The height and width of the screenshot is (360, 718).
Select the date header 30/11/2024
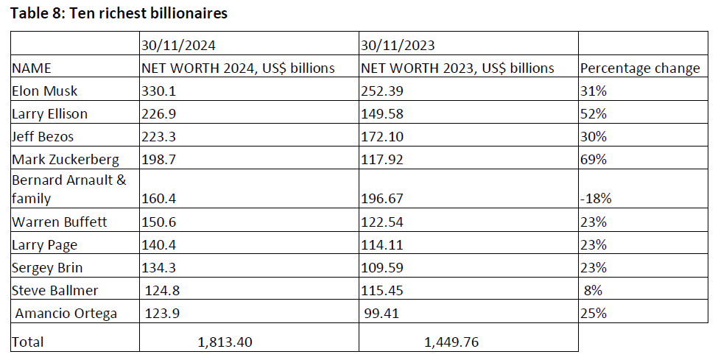tap(178, 45)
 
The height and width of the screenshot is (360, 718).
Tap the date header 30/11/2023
tap(398, 45)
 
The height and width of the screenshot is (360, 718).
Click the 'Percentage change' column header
tap(640, 68)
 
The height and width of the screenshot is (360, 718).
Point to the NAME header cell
tap(32, 68)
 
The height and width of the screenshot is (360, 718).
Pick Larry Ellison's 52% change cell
tap(593, 114)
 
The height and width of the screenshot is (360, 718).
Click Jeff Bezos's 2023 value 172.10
tap(381, 137)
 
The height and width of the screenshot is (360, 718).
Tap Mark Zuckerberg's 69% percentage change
tap(593, 160)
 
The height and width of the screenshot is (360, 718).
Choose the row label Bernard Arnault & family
tap(59, 188)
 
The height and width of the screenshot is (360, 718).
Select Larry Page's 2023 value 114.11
tap(380, 244)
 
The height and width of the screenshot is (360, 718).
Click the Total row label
tap(28, 342)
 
